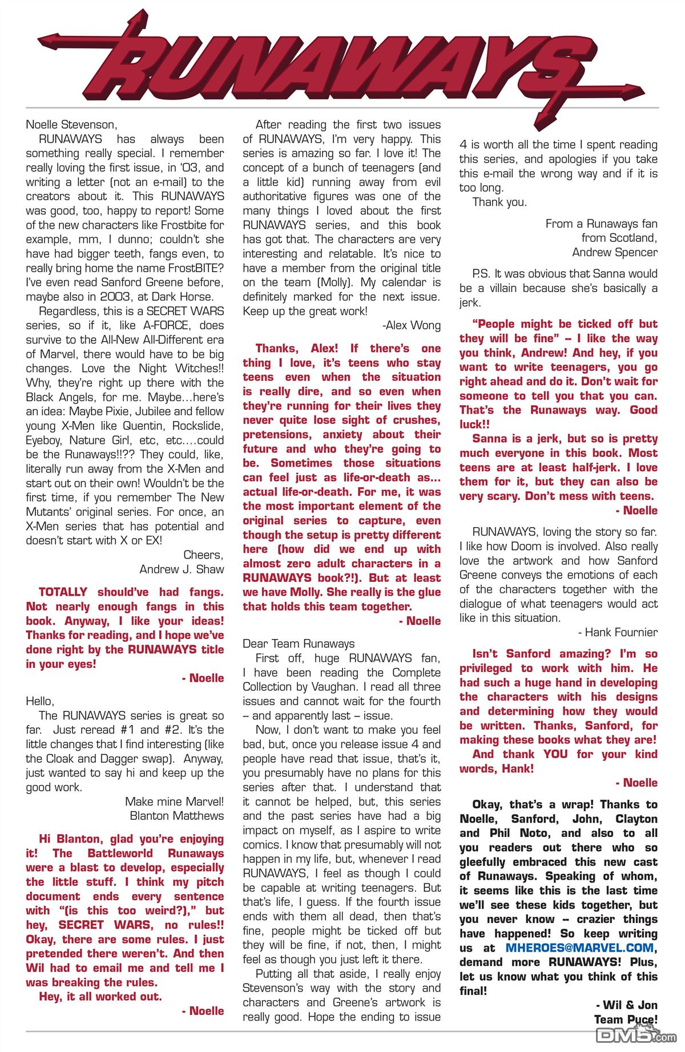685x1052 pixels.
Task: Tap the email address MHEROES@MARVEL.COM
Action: coord(579,948)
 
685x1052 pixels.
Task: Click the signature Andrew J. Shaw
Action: coord(182,569)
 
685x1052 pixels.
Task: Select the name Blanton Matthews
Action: coord(177,816)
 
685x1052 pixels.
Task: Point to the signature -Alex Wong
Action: coord(411,325)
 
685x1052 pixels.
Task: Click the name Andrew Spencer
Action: coord(615,252)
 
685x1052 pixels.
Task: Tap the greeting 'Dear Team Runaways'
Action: coord(299,644)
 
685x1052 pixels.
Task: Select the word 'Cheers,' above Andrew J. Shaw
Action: coord(203,555)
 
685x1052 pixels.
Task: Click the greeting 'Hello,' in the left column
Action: coord(39,701)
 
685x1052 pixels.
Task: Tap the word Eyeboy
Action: coord(45,440)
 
